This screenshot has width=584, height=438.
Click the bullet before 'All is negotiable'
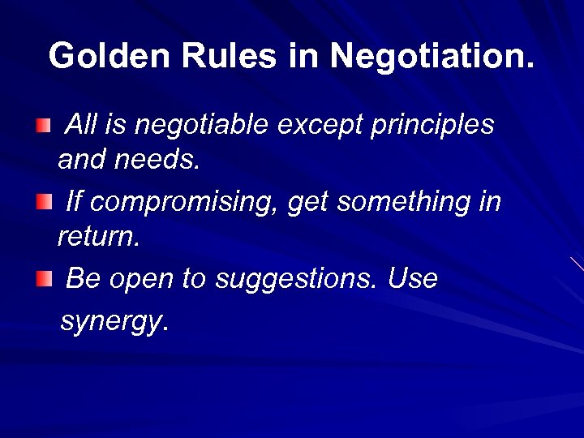[44, 126]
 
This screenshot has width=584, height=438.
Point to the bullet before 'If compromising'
[44, 201]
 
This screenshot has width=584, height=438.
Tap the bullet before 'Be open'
[44, 280]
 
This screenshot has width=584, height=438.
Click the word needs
[156, 161]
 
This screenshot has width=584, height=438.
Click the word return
[93, 237]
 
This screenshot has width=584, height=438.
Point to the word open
[144, 280]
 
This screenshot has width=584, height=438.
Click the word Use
[413, 278]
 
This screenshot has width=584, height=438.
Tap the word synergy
[112, 322]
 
